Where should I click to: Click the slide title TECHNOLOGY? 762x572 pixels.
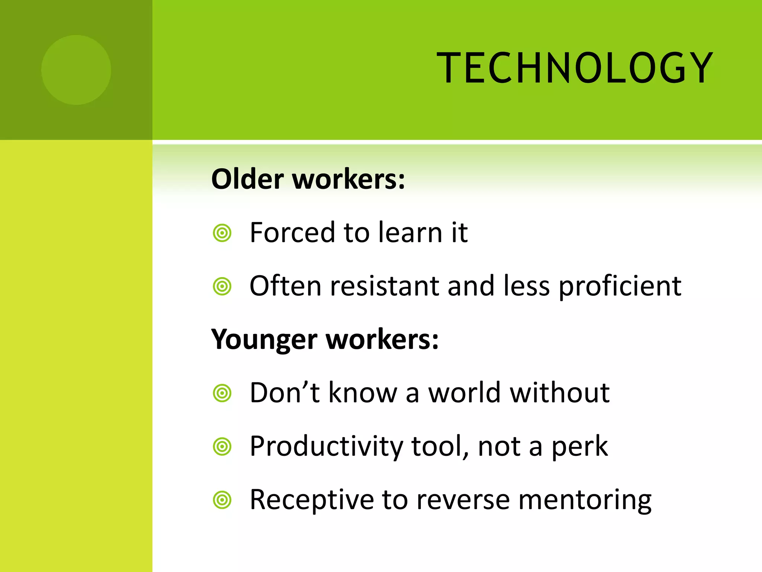coord(574,68)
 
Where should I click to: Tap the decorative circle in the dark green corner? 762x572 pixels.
coord(76,70)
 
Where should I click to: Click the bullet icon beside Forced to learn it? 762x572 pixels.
coord(222,233)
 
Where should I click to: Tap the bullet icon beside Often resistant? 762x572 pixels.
coord(222,287)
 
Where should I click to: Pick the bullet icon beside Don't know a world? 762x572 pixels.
coord(222,393)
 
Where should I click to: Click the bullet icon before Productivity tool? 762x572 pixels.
coord(222,447)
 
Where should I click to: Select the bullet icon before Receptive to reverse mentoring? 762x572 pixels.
coord(222,500)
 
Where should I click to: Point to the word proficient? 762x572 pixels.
coord(620,286)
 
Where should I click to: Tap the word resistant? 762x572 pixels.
coord(384,286)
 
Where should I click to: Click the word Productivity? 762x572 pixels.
coord(326,446)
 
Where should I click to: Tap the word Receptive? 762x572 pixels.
coord(312,500)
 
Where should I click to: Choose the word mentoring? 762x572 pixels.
coord(585,500)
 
